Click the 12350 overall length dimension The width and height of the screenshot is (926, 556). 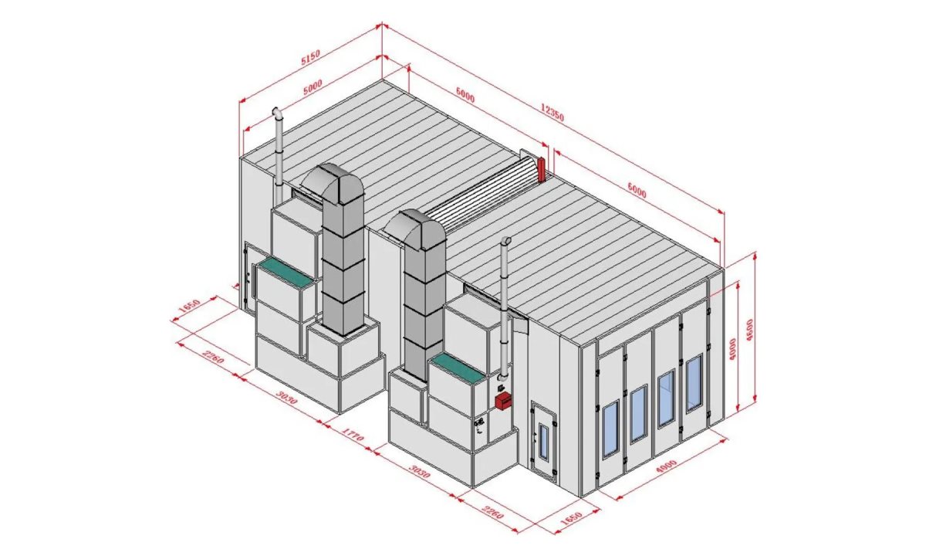552,113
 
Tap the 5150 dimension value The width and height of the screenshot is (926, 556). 310,57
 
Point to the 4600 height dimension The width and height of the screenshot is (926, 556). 750,329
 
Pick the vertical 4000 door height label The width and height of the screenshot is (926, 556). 732,350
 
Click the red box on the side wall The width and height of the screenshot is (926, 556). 503,402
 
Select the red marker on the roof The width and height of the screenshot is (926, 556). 542,170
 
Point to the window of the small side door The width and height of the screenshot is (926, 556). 543,442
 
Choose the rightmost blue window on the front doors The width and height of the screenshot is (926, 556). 694,384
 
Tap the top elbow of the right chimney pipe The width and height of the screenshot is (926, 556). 506,241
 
